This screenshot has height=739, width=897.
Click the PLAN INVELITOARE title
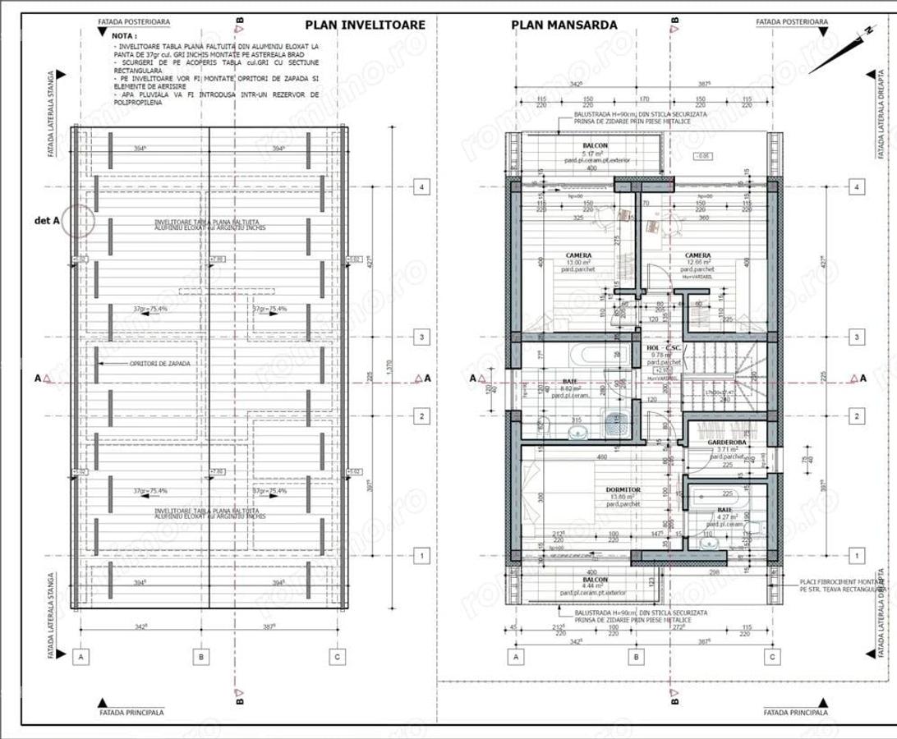[x=366, y=25]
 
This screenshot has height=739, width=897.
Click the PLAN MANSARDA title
[x=553, y=25]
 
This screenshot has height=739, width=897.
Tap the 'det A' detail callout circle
[x=80, y=221]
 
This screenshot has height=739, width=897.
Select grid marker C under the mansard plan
[x=771, y=657]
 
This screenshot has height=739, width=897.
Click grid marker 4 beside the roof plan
[x=421, y=187]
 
